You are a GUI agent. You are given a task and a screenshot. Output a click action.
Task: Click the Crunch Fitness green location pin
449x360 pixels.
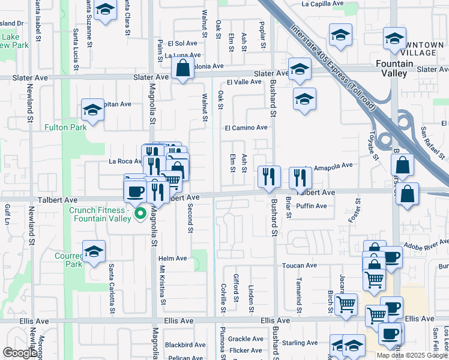[140, 213]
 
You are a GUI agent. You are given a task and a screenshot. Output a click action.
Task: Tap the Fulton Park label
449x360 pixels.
[65, 127]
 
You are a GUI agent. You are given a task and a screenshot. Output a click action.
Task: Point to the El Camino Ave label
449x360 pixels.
[246, 127]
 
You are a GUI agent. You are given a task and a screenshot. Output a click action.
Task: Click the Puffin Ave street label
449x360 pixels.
[312, 206]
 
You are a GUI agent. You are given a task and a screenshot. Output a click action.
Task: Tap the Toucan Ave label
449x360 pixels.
[303, 265]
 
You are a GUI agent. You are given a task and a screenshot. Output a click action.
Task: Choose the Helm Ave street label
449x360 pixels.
[173, 259]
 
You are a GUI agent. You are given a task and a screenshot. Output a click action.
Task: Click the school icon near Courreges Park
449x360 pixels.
[94, 253]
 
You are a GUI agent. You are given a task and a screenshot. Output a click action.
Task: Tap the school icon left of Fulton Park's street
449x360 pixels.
[92, 110]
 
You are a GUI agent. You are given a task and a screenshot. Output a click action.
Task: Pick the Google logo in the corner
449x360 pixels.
[20, 353]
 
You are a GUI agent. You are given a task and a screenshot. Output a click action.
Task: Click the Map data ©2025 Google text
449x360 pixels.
[411, 355]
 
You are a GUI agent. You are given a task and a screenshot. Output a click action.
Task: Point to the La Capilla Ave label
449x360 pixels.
[322, 4]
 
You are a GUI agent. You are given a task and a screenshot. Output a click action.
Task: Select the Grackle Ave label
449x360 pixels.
[246, 339]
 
